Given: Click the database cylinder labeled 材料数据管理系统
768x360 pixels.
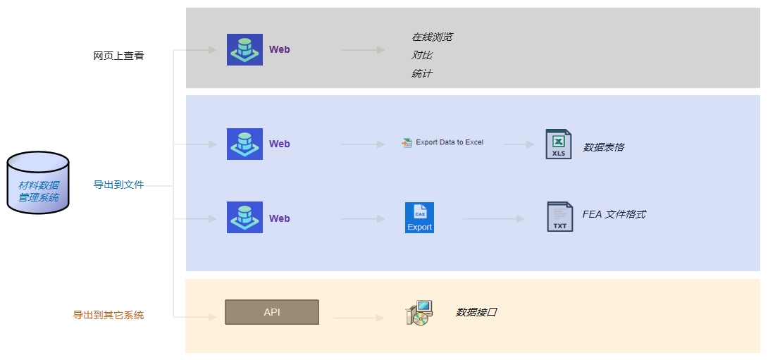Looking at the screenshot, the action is [x=38, y=182].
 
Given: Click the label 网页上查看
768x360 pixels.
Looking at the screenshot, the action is [x=118, y=56].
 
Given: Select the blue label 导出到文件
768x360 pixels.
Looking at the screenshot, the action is [x=118, y=185].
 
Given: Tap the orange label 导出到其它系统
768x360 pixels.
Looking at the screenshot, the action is [x=109, y=315].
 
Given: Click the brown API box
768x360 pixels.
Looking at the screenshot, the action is [x=272, y=312].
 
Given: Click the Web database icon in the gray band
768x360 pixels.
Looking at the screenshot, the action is [x=245, y=49].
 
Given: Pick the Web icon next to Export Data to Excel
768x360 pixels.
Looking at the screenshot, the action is [x=245, y=144].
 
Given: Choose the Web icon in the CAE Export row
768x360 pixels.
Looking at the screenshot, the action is [x=245, y=217].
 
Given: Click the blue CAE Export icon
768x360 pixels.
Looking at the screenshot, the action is [x=419, y=218].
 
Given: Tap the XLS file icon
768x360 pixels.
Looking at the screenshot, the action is [x=558, y=144].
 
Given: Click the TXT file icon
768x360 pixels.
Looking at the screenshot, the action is [x=560, y=216].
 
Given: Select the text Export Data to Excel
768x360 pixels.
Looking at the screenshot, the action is [x=450, y=142].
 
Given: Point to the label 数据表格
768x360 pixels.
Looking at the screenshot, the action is [x=603, y=147].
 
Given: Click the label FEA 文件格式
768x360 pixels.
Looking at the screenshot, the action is [x=614, y=214].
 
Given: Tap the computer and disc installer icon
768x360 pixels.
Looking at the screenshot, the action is [x=419, y=313].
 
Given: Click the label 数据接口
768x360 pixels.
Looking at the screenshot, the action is [x=476, y=312].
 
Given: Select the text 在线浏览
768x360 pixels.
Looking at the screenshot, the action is [x=431, y=37].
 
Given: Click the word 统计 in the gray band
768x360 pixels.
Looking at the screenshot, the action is [x=422, y=73].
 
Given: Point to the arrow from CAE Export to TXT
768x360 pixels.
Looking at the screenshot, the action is [x=493, y=218].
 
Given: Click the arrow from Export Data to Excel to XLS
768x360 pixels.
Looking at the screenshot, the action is [x=519, y=144].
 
